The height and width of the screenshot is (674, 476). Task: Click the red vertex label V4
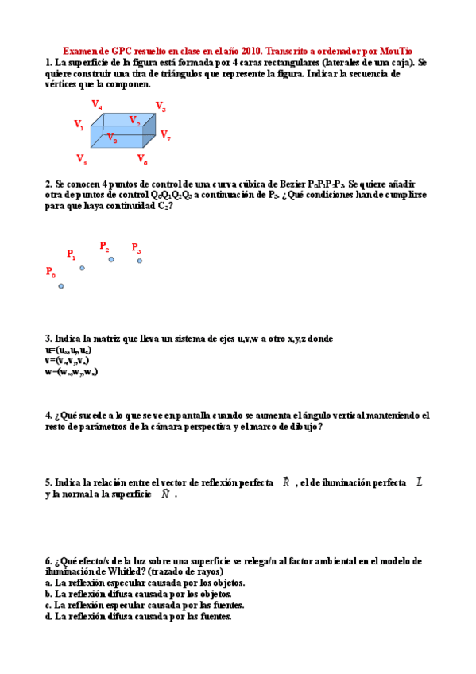pyautogui.click(x=97, y=104)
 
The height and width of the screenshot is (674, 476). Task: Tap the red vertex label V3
pyautogui.click(x=161, y=107)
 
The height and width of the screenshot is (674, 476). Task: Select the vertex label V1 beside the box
pyautogui.click(x=79, y=124)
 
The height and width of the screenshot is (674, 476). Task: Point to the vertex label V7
pyautogui.click(x=165, y=135)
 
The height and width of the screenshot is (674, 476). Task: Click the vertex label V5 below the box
pyautogui.click(x=82, y=158)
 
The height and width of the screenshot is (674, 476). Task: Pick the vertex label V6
pyautogui.click(x=142, y=159)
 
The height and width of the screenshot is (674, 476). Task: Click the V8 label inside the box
pyautogui.click(x=112, y=138)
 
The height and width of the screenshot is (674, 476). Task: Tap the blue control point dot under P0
pyautogui.click(x=61, y=286)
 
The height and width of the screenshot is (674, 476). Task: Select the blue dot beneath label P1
pyautogui.click(x=82, y=268)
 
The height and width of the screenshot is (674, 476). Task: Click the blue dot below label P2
pyautogui.click(x=111, y=259)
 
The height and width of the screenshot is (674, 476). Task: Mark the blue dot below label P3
pyautogui.click(x=140, y=261)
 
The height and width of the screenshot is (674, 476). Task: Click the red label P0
pyautogui.click(x=51, y=272)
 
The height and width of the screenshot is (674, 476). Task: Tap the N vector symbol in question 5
pyautogui.click(x=165, y=494)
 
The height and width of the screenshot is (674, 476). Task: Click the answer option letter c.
pyautogui.click(x=48, y=605)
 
